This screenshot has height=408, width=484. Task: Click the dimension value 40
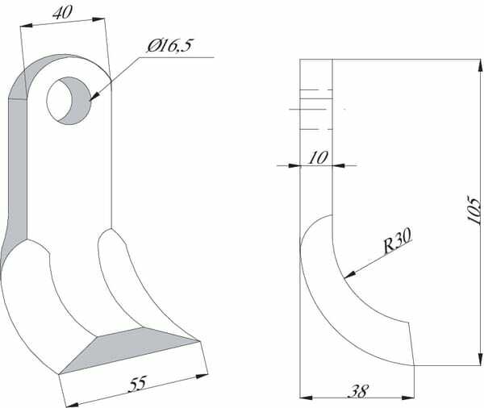tap(63, 13)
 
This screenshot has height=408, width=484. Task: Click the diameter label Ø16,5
tap(169, 46)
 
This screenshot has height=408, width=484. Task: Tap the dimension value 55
tap(138, 383)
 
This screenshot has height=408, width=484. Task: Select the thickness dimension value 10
tap(318, 158)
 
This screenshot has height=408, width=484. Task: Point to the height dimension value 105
tap(474, 210)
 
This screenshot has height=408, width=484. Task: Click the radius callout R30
tap(397, 240)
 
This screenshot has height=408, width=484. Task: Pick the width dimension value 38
tap(358, 391)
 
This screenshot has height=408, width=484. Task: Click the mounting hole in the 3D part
tap(69, 101)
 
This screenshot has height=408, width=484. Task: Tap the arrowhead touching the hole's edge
tap(94, 96)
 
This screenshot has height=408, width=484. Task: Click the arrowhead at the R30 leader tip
tap(349, 274)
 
